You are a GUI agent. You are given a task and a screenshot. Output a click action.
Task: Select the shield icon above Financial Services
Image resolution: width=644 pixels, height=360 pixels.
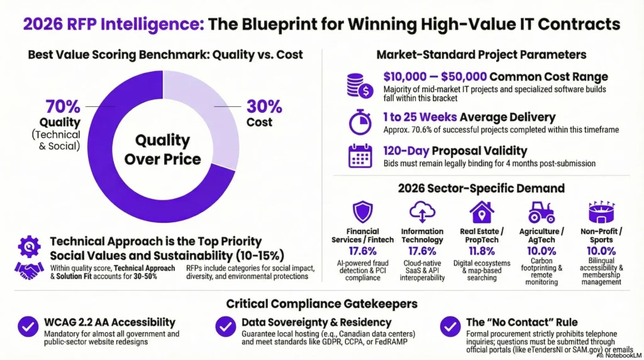tap(363, 211)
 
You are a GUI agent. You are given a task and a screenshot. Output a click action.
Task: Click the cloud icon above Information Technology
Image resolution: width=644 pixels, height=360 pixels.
tap(422, 211)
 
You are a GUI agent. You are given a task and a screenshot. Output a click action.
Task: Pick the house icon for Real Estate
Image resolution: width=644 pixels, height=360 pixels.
tap(481, 211)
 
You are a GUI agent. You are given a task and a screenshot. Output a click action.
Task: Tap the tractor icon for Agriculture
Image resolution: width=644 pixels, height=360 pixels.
tap(540, 211)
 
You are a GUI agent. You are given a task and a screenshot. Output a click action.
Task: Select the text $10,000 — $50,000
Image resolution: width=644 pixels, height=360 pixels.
tap(435, 77)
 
